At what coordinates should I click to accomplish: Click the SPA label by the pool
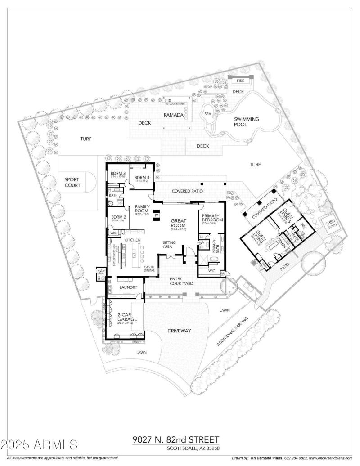click(207, 114)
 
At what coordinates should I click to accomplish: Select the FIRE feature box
click(241, 81)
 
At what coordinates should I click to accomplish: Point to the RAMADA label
click(173, 115)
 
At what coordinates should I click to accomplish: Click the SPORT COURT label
click(72, 182)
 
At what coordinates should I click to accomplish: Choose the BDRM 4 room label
click(142, 178)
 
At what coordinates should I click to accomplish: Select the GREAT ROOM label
click(178, 223)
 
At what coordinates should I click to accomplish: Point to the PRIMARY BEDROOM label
click(210, 218)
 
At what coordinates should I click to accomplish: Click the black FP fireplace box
click(157, 215)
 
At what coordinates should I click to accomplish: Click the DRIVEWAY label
click(180, 331)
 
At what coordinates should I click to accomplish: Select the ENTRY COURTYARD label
click(181, 281)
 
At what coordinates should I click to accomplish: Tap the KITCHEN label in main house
click(133, 241)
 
